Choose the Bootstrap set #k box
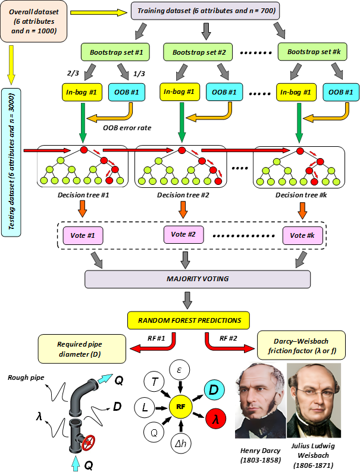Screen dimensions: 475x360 [310, 52]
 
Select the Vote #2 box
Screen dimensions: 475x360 [183, 234]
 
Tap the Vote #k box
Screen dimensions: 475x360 [302, 235]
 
